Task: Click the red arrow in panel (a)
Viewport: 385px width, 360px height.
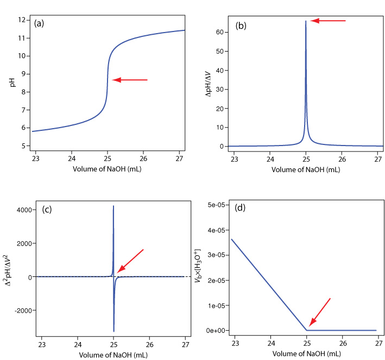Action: tap(130, 80)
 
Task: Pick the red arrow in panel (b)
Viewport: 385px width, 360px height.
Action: tap(327, 21)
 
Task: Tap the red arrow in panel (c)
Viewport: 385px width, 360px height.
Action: tap(130, 260)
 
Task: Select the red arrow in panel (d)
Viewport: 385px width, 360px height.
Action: tap(320, 313)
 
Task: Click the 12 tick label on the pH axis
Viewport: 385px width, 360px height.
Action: tap(22, 20)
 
